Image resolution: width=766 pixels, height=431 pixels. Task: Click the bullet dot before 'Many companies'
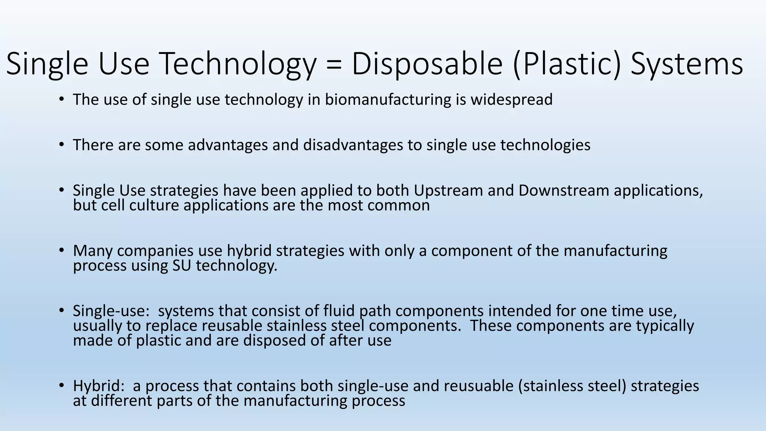[61, 250]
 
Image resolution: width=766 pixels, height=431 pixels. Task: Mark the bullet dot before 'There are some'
[61, 145]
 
